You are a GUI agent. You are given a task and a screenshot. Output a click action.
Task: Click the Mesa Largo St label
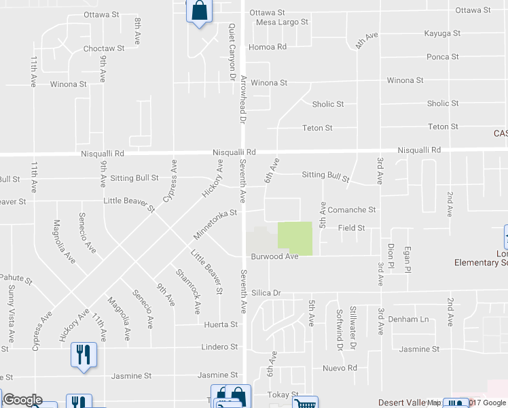tap(283, 22)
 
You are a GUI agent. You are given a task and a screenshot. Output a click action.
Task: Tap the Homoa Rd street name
tap(268, 47)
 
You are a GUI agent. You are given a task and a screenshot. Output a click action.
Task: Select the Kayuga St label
tap(442, 33)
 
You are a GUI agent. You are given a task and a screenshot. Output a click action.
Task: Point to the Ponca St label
tap(443, 57)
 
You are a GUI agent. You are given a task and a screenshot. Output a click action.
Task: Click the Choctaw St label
tap(103, 49)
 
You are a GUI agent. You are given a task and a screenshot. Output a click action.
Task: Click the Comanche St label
tap(352, 211)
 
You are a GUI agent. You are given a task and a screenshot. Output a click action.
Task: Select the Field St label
tap(352, 228)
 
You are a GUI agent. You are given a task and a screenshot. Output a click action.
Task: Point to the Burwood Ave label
tap(274, 257)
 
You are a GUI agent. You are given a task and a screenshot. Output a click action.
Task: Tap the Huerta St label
tap(220, 325)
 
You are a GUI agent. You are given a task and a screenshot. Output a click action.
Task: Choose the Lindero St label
tap(219, 347)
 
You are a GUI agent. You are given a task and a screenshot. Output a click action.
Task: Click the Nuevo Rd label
tap(340, 369)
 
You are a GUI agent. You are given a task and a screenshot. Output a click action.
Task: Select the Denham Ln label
tap(414, 320)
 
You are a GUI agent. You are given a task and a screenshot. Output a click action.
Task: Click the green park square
tap(295, 239)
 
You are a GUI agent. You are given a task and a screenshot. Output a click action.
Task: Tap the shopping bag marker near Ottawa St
tap(198, 12)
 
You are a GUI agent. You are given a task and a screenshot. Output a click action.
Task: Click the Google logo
tap(22, 400)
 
